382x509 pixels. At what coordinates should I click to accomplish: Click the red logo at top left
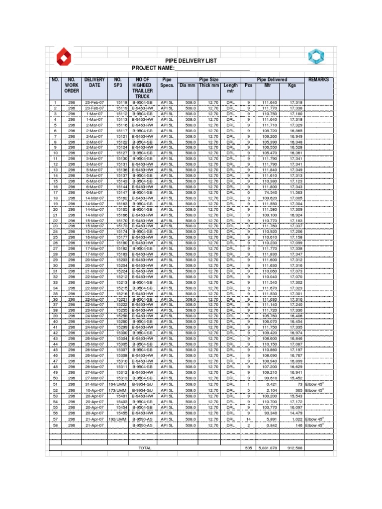(x=63, y=57)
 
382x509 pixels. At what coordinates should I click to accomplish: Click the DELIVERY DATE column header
(x=95, y=82)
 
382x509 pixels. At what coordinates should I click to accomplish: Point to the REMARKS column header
(x=318, y=80)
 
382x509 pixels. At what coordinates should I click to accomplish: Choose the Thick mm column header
(x=209, y=85)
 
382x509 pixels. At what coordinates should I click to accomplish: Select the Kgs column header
(x=292, y=85)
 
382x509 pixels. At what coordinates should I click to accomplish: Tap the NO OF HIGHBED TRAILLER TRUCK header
(x=143, y=88)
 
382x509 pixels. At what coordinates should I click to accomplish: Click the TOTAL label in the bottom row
(x=145, y=448)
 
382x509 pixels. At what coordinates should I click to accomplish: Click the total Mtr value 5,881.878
(x=269, y=448)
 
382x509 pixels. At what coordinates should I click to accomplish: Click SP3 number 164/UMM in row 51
(x=118, y=385)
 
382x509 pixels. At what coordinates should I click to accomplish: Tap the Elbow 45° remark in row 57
(x=314, y=419)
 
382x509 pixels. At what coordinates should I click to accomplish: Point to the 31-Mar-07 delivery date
(x=94, y=385)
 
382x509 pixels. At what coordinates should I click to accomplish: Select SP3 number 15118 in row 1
(x=121, y=102)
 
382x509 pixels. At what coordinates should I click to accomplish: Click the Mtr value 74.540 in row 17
(x=270, y=192)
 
